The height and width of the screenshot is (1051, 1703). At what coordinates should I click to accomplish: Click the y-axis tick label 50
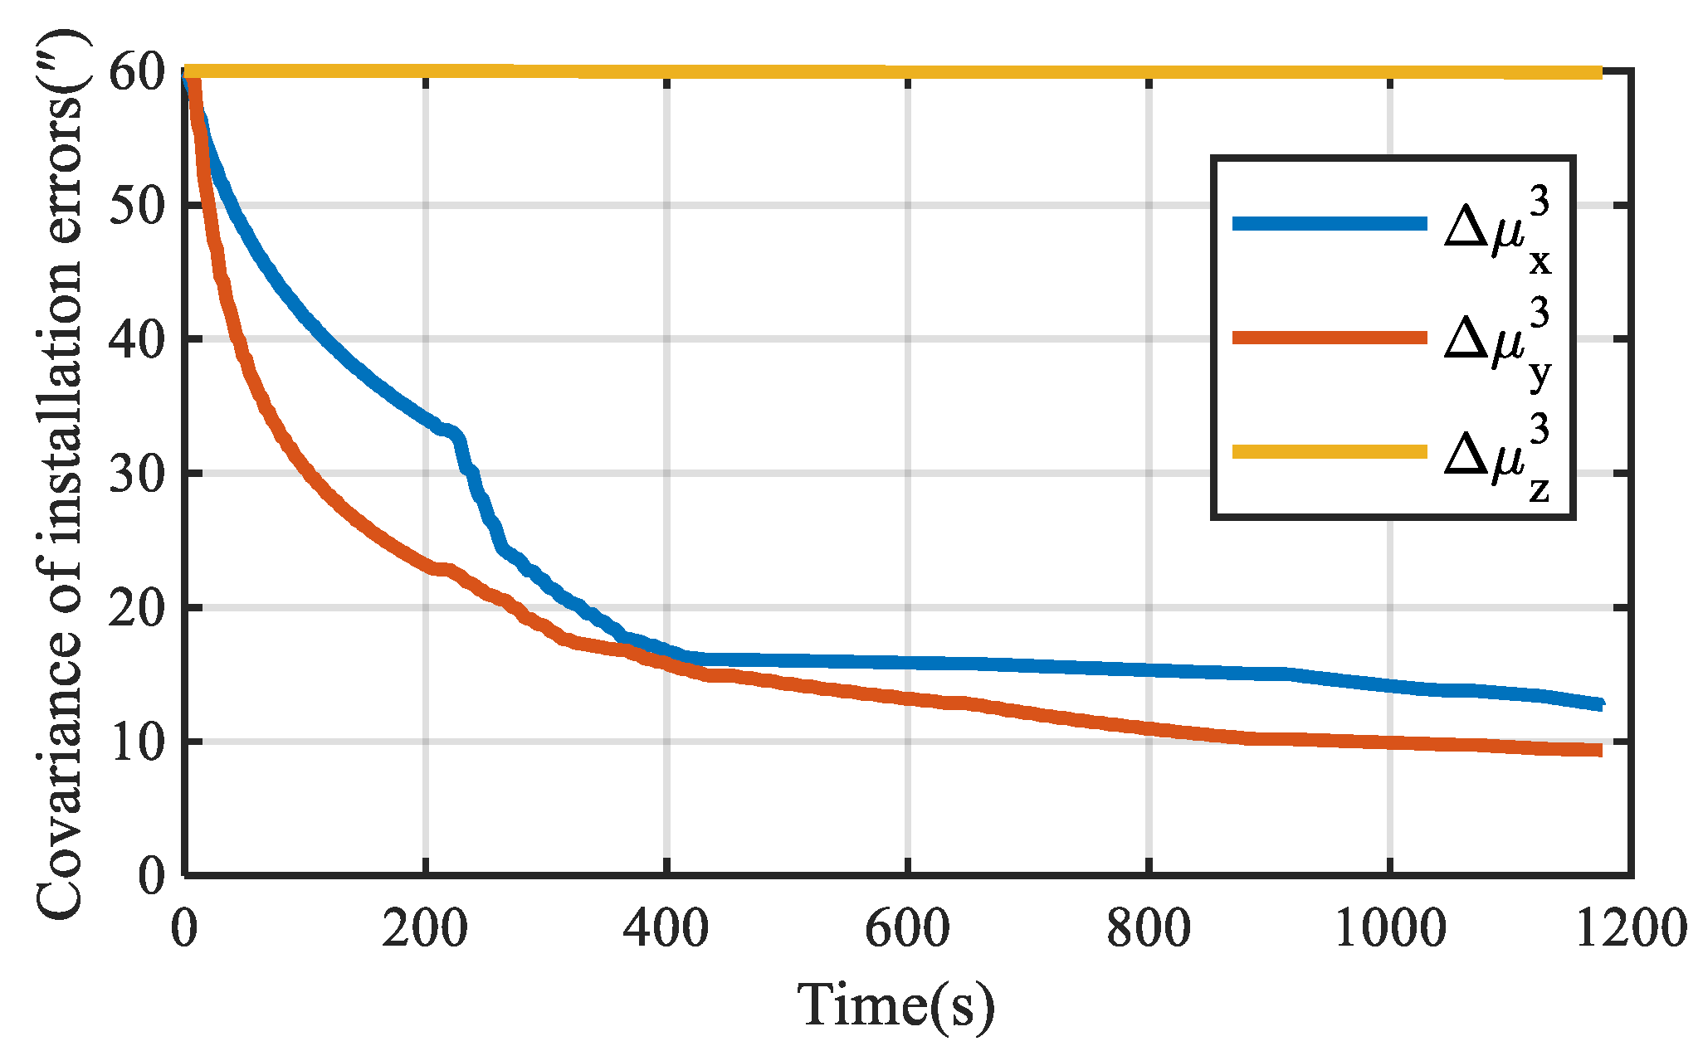(137, 205)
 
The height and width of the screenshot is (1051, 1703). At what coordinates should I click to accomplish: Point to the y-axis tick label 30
(137, 474)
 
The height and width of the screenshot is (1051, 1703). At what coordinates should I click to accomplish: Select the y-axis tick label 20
(137, 608)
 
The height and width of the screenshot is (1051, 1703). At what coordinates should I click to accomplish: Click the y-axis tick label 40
(137, 339)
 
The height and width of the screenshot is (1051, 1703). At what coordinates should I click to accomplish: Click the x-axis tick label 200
(425, 927)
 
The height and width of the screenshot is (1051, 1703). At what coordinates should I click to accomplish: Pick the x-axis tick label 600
(908, 927)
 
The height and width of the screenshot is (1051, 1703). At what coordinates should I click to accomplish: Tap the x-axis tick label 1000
(1390, 927)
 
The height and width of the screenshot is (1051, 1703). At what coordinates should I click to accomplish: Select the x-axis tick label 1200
(1630, 927)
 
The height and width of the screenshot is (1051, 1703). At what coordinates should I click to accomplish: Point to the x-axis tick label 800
(1149, 927)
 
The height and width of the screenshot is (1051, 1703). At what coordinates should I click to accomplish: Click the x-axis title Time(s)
(896, 1005)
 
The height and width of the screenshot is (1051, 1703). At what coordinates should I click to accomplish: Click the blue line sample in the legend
(1329, 223)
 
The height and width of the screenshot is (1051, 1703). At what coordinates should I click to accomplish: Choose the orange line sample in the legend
(1329, 338)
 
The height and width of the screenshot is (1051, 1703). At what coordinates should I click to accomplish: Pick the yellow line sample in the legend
(1329, 451)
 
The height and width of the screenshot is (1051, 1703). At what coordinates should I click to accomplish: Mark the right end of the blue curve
(1599, 704)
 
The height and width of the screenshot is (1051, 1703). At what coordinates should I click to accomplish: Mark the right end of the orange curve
(1599, 750)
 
